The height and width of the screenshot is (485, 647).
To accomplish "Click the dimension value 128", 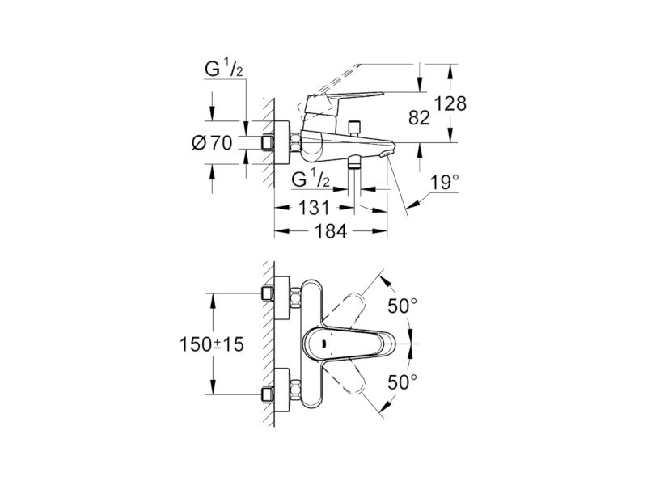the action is (451, 103).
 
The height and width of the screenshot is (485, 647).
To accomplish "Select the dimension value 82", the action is (419, 118).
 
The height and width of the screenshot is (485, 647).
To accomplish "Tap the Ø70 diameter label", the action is (212, 143).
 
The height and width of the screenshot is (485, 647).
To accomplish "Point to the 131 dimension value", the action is (314, 208).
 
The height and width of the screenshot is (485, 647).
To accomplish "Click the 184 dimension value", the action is (331, 231).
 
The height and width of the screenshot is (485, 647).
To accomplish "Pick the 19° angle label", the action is (444, 183).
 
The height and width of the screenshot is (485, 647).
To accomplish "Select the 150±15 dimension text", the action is (212, 344).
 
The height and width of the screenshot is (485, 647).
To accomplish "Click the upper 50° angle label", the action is (402, 306).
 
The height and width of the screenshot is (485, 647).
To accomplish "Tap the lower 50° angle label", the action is (402, 382).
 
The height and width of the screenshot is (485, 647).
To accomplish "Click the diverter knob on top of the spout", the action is (354, 128).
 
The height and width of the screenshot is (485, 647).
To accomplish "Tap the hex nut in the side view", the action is (295, 143).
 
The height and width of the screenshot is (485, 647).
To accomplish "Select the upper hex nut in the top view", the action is (295, 298).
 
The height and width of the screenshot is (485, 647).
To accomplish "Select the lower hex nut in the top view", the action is (295, 390).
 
